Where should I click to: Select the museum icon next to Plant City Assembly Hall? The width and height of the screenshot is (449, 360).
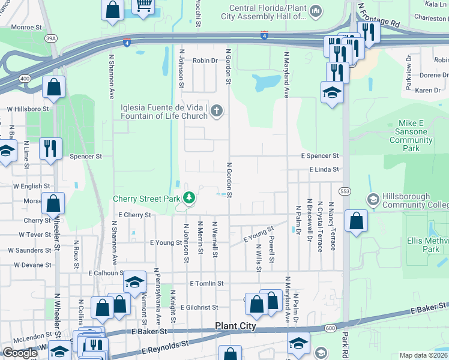click(x=316, y=11)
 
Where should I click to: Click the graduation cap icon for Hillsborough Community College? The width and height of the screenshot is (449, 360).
click(x=372, y=199)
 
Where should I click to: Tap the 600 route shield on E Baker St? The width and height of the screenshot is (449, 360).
click(x=331, y=328)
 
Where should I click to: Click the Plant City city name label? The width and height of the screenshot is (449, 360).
click(x=235, y=326)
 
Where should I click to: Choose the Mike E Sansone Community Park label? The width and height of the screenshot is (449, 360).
click(x=411, y=136)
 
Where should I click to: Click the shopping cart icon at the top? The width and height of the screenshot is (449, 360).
click(x=144, y=6)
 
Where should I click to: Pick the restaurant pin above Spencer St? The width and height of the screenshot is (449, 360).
click(x=50, y=148)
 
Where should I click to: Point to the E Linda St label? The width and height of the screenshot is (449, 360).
click(x=324, y=170)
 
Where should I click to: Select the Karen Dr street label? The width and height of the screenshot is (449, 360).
click(x=427, y=90)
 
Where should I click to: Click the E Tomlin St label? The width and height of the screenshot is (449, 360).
click(x=206, y=283)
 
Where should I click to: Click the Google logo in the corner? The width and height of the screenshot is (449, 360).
click(x=20, y=353)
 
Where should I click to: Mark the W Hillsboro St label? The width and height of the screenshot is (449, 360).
click(x=28, y=109)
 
